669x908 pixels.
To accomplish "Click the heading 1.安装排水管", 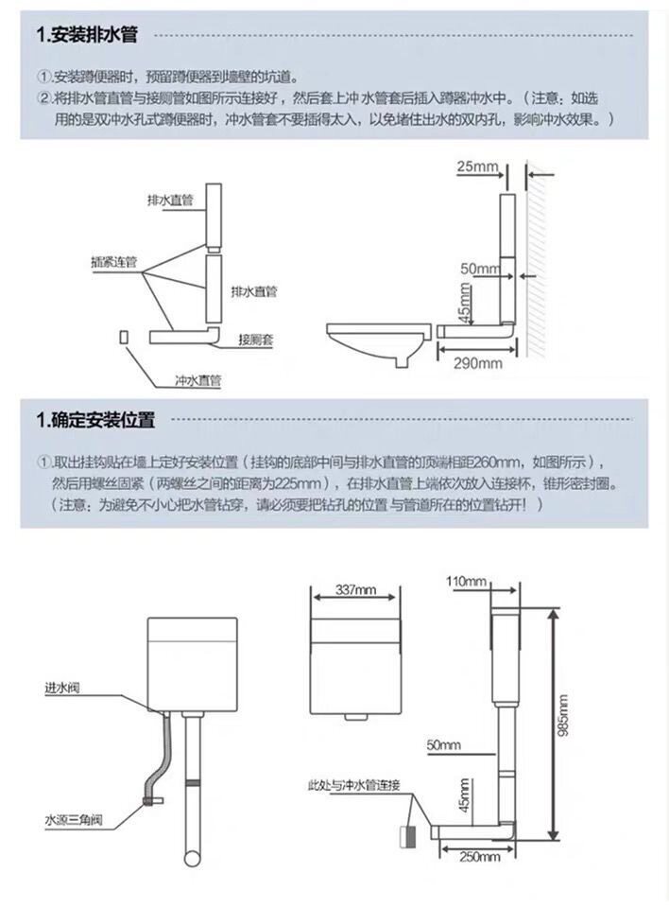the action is [x=87, y=36].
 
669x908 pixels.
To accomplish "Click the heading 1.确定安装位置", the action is [x=95, y=419].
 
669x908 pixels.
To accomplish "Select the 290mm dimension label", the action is [x=478, y=362].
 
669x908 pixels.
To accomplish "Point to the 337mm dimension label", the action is [x=355, y=590].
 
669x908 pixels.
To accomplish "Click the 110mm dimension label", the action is [x=468, y=580].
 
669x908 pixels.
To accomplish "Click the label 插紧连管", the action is [x=114, y=262].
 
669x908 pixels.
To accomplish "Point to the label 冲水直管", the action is [x=198, y=381].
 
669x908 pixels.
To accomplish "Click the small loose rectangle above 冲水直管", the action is [x=124, y=336].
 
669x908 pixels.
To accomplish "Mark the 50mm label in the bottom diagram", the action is [x=443, y=743].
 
